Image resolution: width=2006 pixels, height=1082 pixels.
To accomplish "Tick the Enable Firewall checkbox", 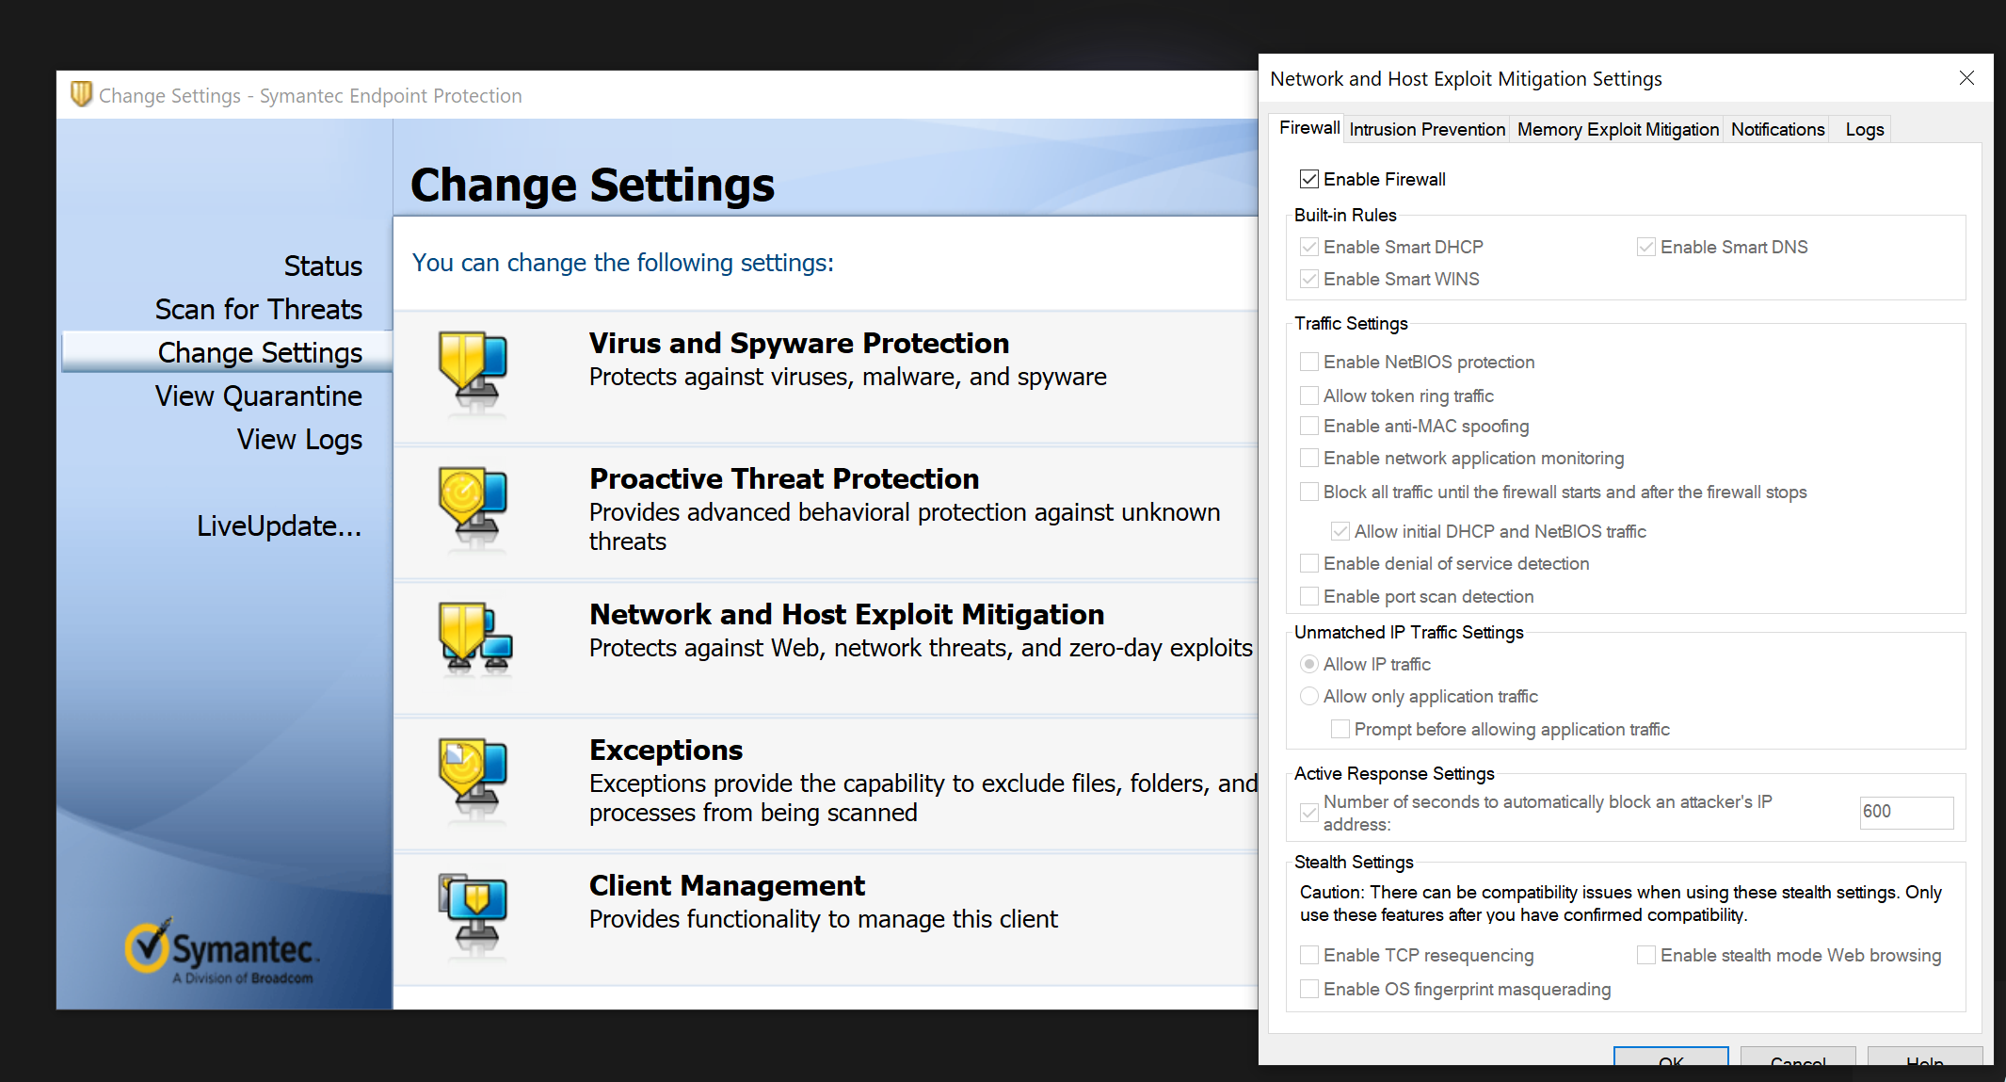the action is [1308, 179].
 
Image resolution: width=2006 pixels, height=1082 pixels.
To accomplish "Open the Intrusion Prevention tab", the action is [1427, 129].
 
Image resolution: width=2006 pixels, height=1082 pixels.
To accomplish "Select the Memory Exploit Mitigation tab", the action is [1618, 129].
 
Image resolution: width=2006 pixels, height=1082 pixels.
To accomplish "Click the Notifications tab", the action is [1777, 129].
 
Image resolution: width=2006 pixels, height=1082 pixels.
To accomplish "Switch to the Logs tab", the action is [1864, 129].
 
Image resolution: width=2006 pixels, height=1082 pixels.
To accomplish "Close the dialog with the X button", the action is [1966, 78].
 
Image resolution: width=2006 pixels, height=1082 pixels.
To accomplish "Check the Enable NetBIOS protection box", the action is [1308, 362].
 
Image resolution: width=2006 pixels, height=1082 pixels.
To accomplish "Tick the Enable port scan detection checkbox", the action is [1308, 596].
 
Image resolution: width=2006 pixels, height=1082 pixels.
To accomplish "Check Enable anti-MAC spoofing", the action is [1308, 426].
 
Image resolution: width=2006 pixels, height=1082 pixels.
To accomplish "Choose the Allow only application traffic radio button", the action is [1308, 696].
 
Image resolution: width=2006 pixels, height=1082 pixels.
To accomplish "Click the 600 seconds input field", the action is [1906, 812].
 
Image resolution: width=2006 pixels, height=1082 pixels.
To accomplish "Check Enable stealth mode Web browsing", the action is [1645, 955].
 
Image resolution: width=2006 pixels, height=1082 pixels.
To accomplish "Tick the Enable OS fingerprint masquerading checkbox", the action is [1308, 989].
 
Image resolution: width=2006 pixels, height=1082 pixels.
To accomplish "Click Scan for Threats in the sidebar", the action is [259, 309].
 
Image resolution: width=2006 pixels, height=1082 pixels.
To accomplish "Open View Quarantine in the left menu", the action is [259, 396].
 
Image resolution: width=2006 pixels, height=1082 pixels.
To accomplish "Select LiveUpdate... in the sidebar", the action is [279, 525].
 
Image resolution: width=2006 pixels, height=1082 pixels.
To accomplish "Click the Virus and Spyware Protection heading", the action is [799, 343].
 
